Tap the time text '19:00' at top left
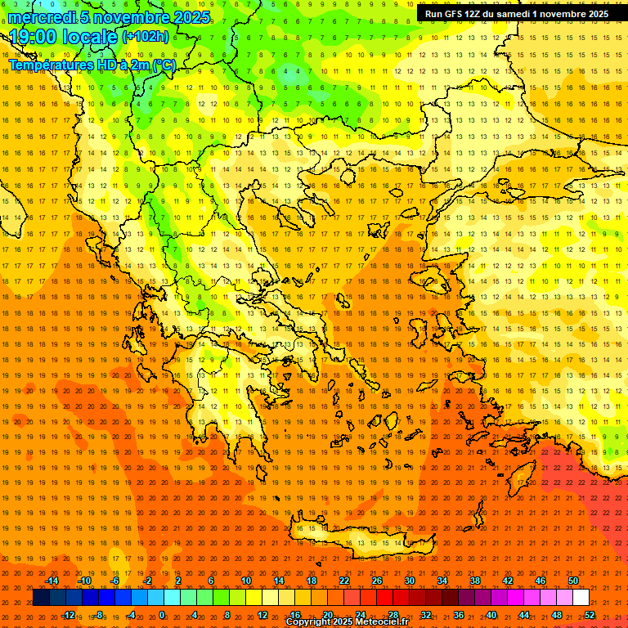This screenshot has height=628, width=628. point(39,36)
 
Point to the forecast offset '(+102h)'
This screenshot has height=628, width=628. point(146,36)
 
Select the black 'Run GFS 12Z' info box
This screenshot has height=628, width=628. point(516,14)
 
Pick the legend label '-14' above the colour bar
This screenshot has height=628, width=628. point(52,581)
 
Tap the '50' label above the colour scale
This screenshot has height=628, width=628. point(573,581)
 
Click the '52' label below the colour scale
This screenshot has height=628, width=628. point(590,615)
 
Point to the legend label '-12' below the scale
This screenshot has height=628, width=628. point(68,615)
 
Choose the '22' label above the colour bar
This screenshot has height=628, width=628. point(344,581)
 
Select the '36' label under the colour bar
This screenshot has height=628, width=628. point(459,615)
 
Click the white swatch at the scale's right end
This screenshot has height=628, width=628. point(581,598)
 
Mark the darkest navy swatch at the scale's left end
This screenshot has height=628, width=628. point(41,598)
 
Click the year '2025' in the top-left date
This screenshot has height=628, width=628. point(191,16)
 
